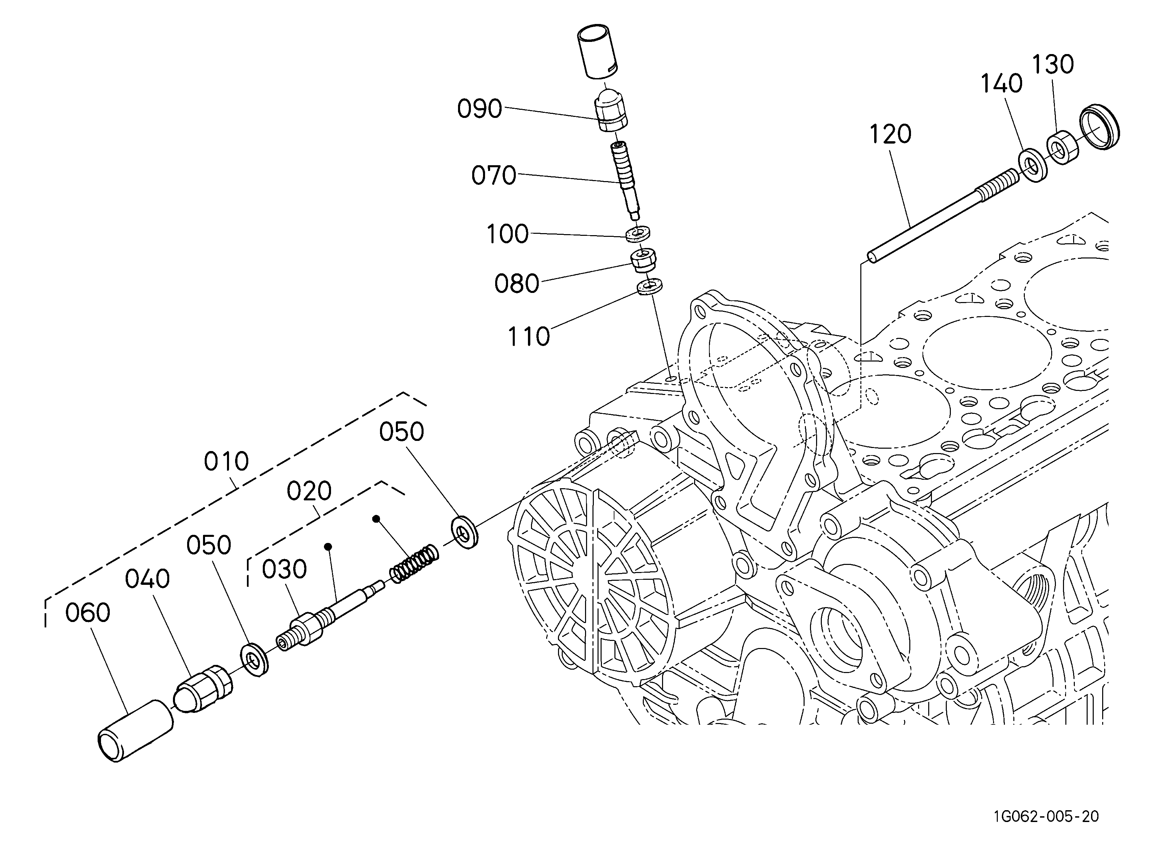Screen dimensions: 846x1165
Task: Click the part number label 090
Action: click(x=479, y=109)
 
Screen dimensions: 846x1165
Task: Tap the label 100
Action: click(x=507, y=234)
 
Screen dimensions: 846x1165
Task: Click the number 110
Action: click(x=529, y=337)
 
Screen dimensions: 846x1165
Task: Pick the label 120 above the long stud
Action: click(x=890, y=134)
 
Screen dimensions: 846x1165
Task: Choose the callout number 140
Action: click(x=1001, y=84)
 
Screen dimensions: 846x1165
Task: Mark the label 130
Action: click(x=1053, y=65)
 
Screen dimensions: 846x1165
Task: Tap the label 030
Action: click(x=284, y=569)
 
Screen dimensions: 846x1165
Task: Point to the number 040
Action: click(x=147, y=579)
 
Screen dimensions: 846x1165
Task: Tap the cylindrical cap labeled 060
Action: click(x=135, y=730)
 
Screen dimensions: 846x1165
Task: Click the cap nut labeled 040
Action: click(x=204, y=688)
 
